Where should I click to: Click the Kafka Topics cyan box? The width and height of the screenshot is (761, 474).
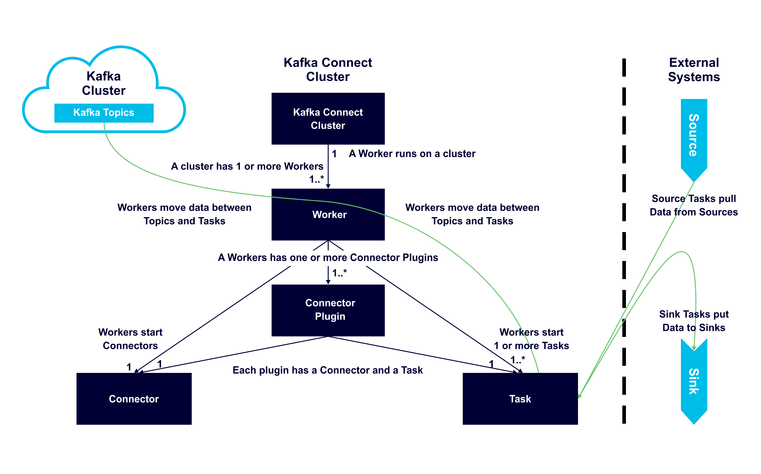104,113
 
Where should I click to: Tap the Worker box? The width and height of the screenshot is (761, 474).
328,214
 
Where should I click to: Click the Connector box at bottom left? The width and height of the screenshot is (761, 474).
134,399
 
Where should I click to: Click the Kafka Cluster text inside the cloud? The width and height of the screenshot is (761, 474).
104,83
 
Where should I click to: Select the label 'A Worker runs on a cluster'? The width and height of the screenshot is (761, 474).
412,154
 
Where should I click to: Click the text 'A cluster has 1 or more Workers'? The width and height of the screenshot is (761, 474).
247,166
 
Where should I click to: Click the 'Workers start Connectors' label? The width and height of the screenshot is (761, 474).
130,339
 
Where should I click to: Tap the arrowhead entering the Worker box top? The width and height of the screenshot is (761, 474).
328,186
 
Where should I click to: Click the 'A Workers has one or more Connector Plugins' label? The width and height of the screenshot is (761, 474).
328,257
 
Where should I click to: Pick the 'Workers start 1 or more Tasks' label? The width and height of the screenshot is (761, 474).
531,339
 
